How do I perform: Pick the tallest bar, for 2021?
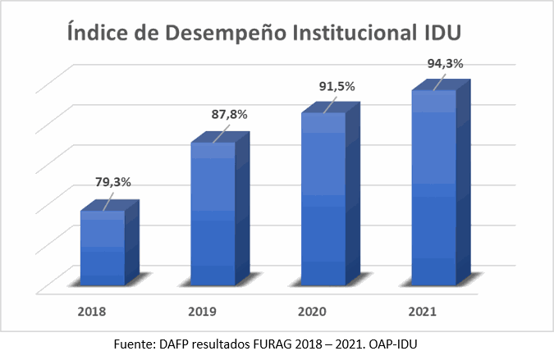(x=433, y=188)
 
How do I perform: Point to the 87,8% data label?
(x=230, y=115)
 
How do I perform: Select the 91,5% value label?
(x=338, y=84)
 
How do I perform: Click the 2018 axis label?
(x=93, y=312)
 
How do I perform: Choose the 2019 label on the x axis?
(x=203, y=312)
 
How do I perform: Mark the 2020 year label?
(x=313, y=312)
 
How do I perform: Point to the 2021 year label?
(x=422, y=312)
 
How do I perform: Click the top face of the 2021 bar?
(x=441, y=85)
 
